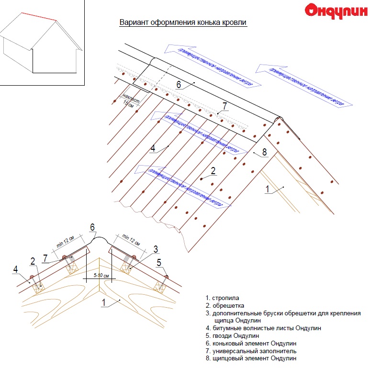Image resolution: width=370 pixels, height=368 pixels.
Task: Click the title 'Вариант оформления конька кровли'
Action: pyautogui.click(x=183, y=22)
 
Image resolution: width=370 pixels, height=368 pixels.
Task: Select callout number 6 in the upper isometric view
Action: pyautogui.click(x=178, y=84)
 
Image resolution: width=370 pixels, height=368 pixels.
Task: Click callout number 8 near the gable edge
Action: pyautogui.click(x=263, y=154)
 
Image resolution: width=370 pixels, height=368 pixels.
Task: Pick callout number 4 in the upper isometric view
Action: pyautogui.click(x=153, y=148)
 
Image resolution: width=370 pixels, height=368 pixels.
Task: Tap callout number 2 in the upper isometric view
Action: pyautogui.click(x=213, y=170)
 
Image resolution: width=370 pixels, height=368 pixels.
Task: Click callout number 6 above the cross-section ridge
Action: pyautogui.click(x=92, y=227)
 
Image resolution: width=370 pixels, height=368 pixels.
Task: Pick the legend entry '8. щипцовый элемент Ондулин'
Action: pyautogui.click(x=251, y=358)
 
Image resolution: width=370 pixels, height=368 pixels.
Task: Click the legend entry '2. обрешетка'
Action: pyautogui.click(x=225, y=305)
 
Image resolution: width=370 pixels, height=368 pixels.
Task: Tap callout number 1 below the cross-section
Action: pyautogui.click(x=104, y=302)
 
